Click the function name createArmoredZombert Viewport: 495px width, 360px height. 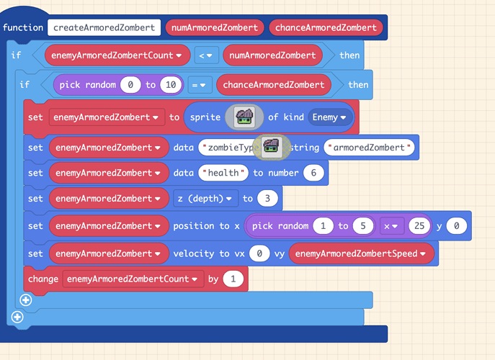coord(104,27)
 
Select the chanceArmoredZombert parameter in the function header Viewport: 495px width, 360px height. coord(325,27)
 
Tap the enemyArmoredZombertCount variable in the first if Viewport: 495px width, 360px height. coord(117,55)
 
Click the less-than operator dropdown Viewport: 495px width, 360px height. coord(207,55)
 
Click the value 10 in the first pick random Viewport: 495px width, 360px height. coord(170,85)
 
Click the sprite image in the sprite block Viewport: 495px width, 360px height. coord(244,117)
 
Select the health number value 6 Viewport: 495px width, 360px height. coord(313,173)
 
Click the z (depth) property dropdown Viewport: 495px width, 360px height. coord(205,198)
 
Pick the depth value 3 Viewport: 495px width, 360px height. coord(267,198)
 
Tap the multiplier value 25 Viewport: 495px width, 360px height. coord(417,226)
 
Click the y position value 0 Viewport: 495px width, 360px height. coord(456,226)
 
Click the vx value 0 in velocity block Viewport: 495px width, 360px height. coord(261,253)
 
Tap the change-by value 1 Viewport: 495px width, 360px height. coord(233,279)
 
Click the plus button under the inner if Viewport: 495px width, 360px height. coord(26,300)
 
